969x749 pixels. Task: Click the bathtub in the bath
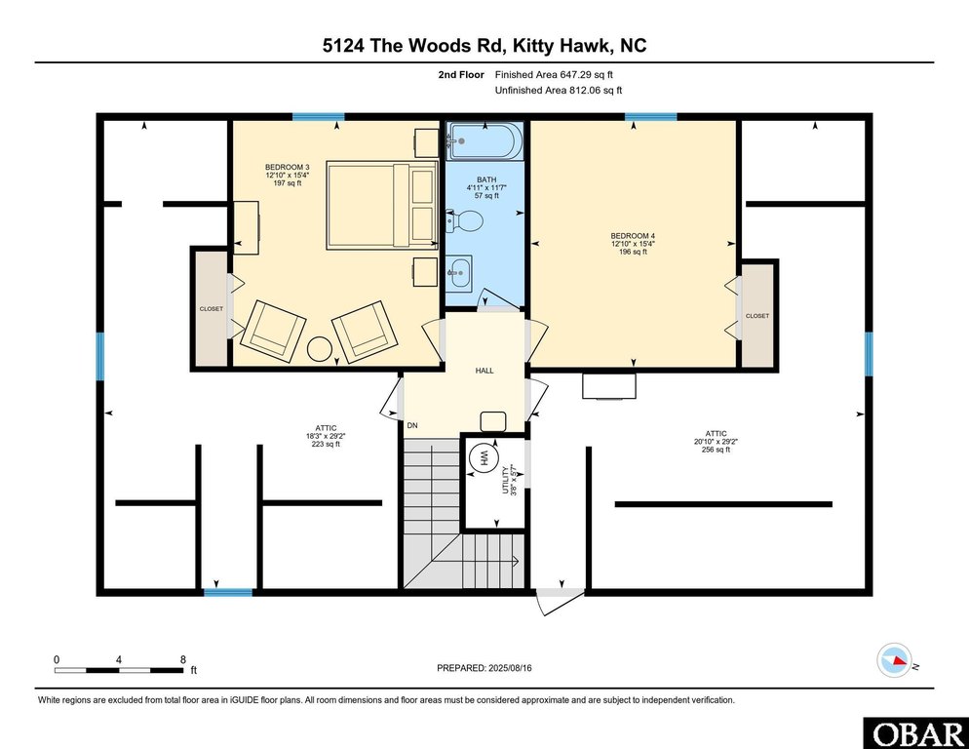click(x=484, y=142)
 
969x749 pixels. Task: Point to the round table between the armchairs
click(x=320, y=348)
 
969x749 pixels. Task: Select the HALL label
click(x=484, y=372)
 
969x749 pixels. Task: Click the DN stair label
click(x=413, y=425)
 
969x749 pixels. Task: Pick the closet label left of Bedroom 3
click(x=211, y=309)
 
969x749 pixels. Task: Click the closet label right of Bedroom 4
click(x=756, y=316)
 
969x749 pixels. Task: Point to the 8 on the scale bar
click(x=182, y=659)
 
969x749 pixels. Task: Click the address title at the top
click(x=484, y=46)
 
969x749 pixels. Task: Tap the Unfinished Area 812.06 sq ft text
click(x=558, y=90)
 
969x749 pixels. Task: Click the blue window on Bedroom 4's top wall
click(x=650, y=117)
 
